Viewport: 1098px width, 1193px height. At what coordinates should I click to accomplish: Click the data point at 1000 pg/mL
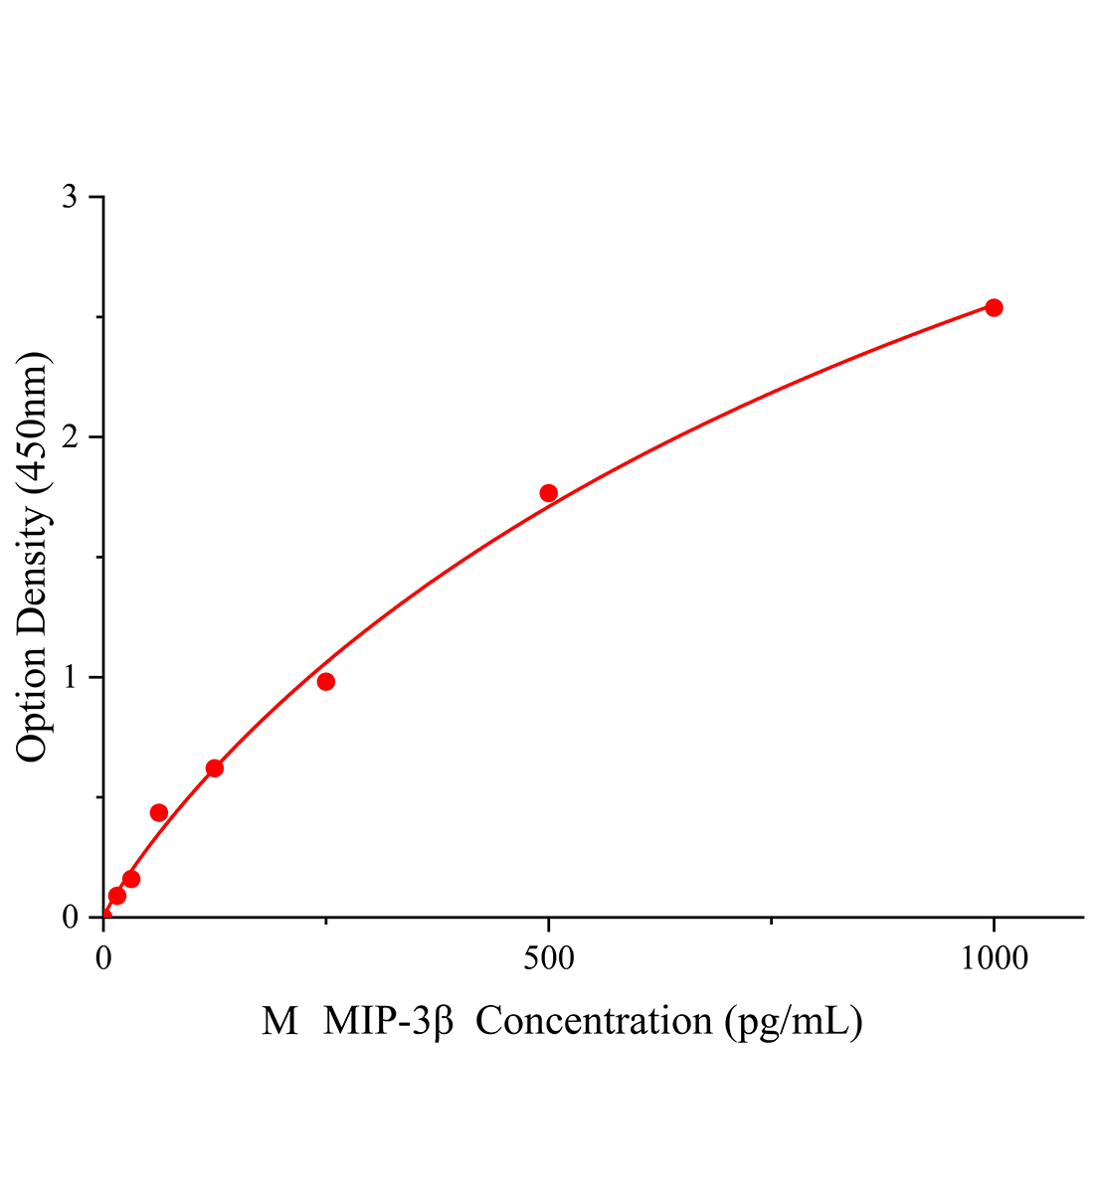(993, 307)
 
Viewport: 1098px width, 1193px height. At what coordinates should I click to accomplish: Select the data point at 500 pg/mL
(548, 493)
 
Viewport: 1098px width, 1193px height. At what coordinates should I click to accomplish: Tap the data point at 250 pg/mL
(325, 681)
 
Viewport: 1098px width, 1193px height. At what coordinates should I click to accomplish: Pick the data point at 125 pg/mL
(214, 767)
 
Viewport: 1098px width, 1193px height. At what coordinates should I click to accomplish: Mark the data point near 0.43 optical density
(158, 812)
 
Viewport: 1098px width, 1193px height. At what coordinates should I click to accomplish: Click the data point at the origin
(104, 916)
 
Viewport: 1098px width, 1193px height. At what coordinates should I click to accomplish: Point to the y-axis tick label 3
(70, 197)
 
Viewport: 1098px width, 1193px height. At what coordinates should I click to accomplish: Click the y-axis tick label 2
(70, 437)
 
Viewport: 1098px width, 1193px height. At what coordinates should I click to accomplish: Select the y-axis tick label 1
(70, 677)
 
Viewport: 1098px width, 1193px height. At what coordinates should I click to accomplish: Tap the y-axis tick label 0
(70, 917)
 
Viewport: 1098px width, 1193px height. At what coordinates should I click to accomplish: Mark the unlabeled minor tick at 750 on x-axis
(771, 921)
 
